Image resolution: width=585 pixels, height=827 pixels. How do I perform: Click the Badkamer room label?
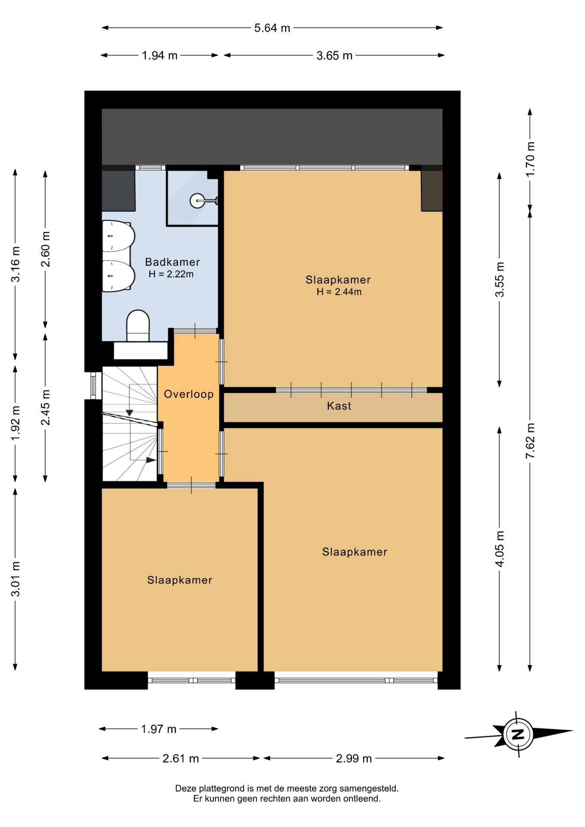172,262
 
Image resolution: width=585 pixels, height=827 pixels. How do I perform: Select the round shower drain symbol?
197,201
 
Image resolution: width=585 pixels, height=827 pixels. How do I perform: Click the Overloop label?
189,394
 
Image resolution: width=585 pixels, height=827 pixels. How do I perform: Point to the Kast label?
339,406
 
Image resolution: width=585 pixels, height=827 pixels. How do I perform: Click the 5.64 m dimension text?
272,28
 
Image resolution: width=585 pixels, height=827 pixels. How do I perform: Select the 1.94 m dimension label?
160,56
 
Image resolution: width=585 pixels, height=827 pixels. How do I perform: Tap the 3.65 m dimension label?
334,56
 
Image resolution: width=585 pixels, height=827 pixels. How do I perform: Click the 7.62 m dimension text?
530,441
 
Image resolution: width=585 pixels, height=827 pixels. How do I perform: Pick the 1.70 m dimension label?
530,159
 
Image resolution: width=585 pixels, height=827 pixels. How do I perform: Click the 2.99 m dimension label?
354,759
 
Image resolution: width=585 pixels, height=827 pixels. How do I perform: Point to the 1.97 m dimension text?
159,729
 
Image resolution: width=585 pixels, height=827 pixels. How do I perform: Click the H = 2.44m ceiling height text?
339,292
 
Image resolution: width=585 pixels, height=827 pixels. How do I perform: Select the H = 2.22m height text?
171,274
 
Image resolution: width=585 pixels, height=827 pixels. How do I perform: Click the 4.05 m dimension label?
500,549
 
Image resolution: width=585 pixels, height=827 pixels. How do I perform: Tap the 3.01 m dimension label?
16,579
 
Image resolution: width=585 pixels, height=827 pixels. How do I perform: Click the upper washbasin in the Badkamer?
118,236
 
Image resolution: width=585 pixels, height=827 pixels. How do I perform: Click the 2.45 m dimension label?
46,407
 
